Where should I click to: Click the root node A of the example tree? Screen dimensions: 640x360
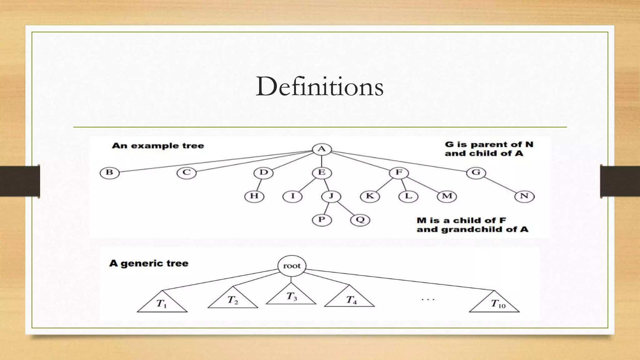[x=322, y=149]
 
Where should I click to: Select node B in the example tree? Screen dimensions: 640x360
[x=109, y=172]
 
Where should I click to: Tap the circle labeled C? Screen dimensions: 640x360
[x=187, y=173]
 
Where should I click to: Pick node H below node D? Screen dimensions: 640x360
[x=254, y=196]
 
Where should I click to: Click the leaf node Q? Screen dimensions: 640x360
[x=360, y=220]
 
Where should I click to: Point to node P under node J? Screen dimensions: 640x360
[x=322, y=220]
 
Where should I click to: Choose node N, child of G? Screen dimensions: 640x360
[x=524, y=196]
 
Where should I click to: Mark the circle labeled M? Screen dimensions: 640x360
[x=447, y=196]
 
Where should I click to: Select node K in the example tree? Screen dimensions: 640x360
[x=370, y=196]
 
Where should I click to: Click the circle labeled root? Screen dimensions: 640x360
[x=292, y=266]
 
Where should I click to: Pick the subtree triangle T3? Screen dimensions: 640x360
[x=291, y=297]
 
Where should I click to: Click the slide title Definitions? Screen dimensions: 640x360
[x=319, y=87]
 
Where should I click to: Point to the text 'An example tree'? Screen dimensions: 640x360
[x=158, y=146]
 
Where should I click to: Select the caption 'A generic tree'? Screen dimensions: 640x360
[x=149, y=263]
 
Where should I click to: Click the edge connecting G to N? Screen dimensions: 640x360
[x=500, y=184]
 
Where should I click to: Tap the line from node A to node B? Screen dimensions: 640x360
[x=216, y=161]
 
